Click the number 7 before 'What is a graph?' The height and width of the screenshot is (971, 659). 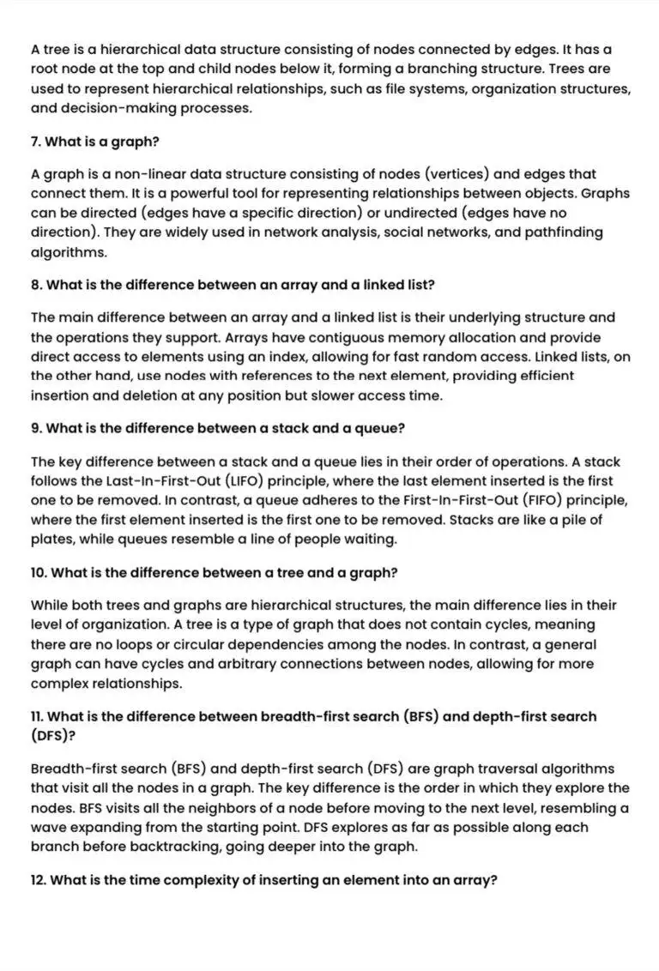pyautogui.click(x=35, y=141)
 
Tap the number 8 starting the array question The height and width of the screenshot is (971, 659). pyautogui.click(x=35, y=284)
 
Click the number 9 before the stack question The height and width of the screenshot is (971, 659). pyautogui.click(x=35, y=428)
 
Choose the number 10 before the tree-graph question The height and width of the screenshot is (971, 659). pyautogui.click(x=39, y=572)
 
